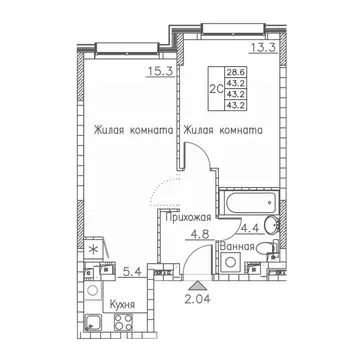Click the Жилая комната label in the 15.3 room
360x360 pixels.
point(135,129)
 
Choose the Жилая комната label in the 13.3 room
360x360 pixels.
point(222,129)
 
